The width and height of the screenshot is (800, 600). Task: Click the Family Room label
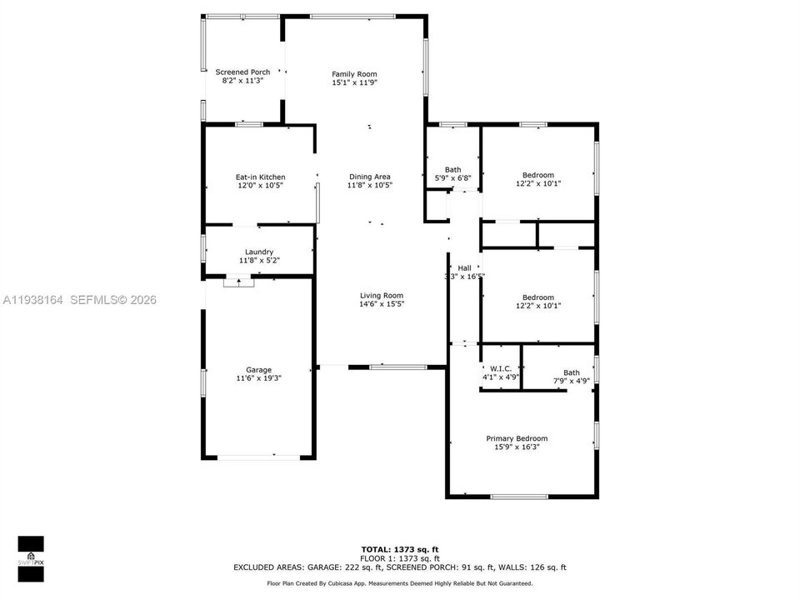point(355,74)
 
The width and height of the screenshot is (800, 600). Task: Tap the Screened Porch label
point(242,72)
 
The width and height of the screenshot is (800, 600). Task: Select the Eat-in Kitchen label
point(260,177)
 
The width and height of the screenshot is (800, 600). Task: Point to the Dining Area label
point(370,177)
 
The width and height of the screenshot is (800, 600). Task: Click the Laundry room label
point(259,252)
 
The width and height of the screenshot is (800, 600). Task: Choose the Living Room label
point(382,295)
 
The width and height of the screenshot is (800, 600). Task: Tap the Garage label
point(258,370)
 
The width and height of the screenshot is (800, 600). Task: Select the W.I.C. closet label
point(500,369)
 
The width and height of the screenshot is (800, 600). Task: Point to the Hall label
point(464,267)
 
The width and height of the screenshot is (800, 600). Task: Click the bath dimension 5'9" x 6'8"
point(452,177)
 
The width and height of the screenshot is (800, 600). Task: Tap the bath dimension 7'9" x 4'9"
point(572,381)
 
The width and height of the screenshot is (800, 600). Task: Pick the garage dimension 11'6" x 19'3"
point(258,378)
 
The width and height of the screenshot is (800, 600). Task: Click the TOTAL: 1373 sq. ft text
point(399,550)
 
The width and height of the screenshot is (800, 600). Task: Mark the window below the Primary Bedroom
point(518,497)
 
